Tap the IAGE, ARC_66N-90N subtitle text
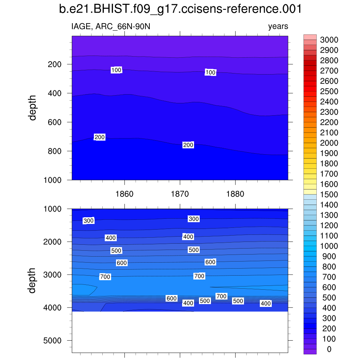click(111, 26)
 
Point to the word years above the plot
click(278, 26)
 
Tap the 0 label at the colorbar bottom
click(329, 349)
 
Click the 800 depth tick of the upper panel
click(55, 151)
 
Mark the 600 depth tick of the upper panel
click(55, 122)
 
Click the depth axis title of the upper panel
click(33, 108)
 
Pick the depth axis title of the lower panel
click(33, 280)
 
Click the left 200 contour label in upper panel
click(99, 137)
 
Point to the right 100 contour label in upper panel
click(210, 72)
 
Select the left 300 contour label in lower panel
click(89, 221)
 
